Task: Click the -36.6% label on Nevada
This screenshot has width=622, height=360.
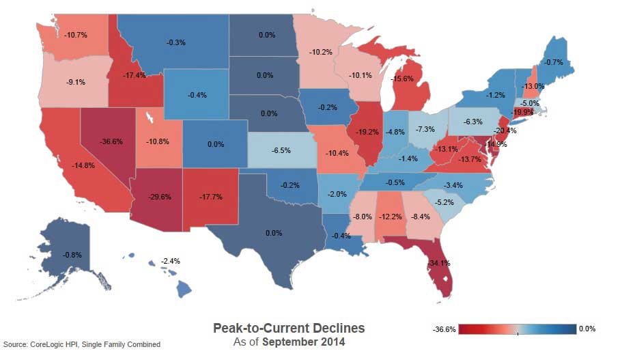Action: tap(111, 142)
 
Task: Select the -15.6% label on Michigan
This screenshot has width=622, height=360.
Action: tap(401, 79)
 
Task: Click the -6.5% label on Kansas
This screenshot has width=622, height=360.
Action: tap(281, 150)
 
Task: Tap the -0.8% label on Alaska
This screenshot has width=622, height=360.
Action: tap(72, 255)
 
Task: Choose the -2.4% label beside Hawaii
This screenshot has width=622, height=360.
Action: tap(171, 262)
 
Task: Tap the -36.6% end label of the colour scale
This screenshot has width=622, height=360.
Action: tap(444, 329)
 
